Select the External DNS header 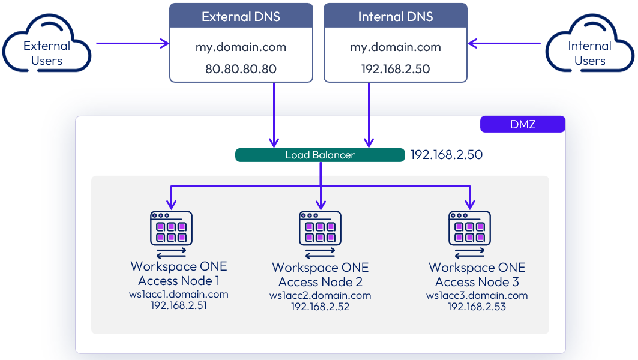coord(241,16)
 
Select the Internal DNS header coord(396,16)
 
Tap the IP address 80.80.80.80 coord(241,69)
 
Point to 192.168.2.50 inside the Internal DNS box coord(396,69)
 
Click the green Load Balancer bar coord(320,155)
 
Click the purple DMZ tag coord(523,124)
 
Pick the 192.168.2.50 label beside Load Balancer coord(446,155)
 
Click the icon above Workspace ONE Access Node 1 coord(171,228)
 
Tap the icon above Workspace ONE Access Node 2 coord(321,228)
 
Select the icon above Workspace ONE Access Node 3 coord(470,228)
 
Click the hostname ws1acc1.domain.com coord(179,294)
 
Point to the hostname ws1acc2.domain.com coord(321,295)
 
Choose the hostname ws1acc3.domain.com coord(477,295)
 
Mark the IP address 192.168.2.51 coord(179,305)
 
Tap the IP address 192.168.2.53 coord(477,307)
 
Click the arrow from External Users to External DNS coord(132,43)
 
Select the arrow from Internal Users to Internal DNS coord(505,43)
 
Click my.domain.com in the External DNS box coord(241,47)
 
